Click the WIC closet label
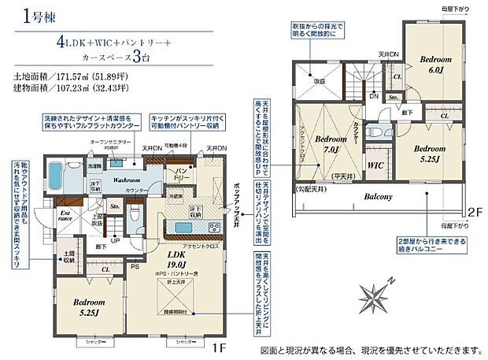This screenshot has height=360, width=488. click(x=375, y=166)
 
